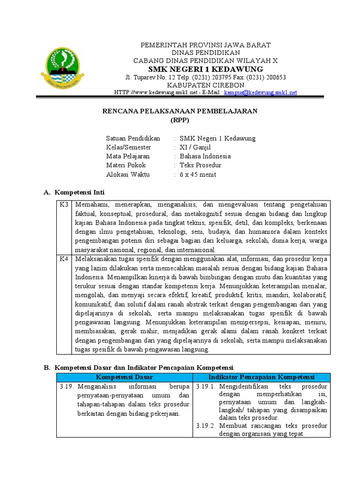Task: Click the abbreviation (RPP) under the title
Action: tap(180, 120)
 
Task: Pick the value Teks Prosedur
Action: tap(201, 165)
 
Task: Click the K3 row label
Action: tap(64, 205)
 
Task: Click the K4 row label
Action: tap(64, 259)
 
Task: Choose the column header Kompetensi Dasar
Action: tap(124, 377)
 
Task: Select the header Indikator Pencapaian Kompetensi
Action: tap(261, 377)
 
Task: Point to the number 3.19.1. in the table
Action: tap(205, 387)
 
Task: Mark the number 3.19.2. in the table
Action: tap(205, 426)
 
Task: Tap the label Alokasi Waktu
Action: tap(128, 174)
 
